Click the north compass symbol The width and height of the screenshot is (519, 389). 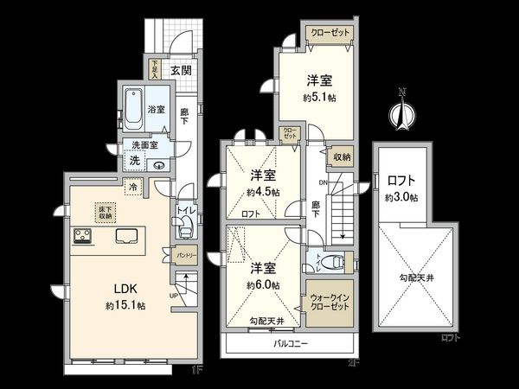(400, 112)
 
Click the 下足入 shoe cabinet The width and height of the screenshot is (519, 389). (154, 67)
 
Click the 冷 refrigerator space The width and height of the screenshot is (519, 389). (134, 186)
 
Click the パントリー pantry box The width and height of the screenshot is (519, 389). (187, 257)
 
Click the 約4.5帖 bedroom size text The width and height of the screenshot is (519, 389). (262, 192)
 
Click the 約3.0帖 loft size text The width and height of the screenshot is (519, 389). (401, 197)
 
